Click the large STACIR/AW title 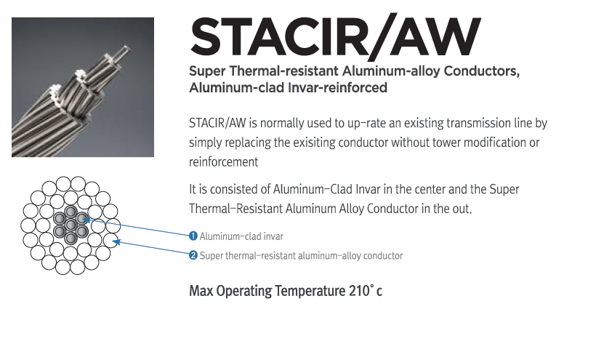(335, 37)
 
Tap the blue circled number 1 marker (193, 236)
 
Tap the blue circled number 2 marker (193, 255)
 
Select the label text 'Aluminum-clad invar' (241, 236)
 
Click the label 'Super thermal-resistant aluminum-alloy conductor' (301, 255)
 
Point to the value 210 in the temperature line (359, 291)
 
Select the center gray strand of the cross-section (71, 225)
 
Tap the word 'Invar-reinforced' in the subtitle (338, 88)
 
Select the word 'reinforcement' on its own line (223, 162)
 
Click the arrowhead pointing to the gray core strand (86, 220)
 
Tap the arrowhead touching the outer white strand (117, 242)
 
